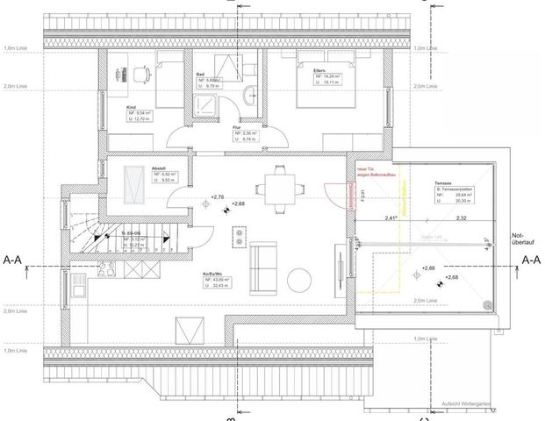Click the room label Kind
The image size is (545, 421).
(x=119, y=107)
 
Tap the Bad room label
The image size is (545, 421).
(x=201, y=74)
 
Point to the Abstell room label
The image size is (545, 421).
(x=159, y=168)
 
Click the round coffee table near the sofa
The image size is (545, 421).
(x=298, y=280)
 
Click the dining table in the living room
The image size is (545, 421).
(x=281, y=186)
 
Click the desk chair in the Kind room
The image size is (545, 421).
(x=140, y=73)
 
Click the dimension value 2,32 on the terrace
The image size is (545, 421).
(x=463, y=218)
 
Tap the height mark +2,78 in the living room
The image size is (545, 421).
(x=219, y=197)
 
